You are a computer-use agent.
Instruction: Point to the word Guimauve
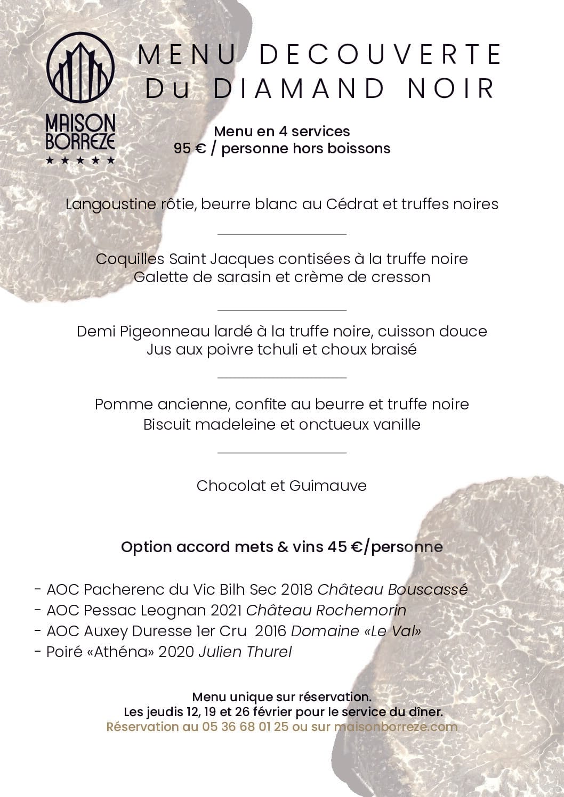point(328,486)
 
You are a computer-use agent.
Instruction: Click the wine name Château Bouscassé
point(392,590)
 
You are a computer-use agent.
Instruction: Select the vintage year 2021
point(226,611)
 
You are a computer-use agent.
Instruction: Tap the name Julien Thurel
point(245,652)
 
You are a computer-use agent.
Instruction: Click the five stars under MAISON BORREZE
point(80,160)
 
